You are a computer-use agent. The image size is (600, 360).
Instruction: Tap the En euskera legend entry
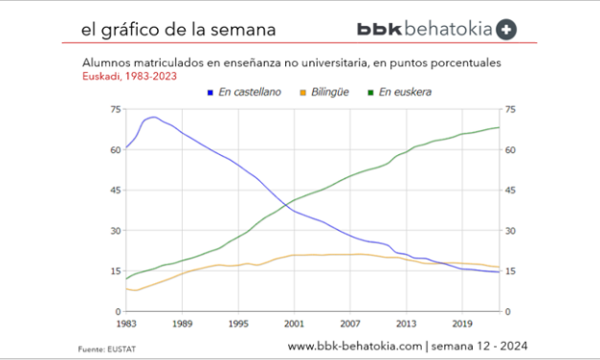[x=403, y=92]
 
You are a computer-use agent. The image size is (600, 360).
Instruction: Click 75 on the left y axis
[x=115, y=110]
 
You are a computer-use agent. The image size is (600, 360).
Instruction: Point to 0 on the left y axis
[x=118, y=311]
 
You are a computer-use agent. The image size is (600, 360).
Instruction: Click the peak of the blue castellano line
[x=153, y=118]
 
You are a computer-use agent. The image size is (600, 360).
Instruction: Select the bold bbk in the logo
[x=380, y=30]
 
